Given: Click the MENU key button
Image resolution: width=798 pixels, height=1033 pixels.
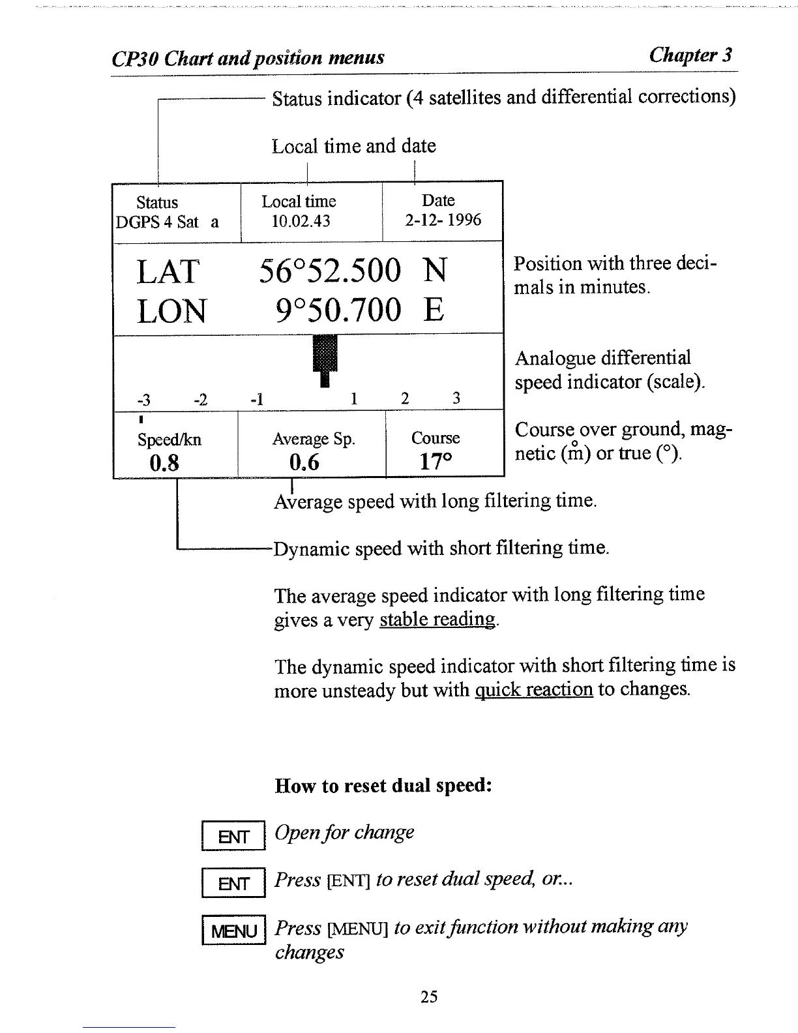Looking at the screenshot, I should pyautogui.click(x=234, y=931).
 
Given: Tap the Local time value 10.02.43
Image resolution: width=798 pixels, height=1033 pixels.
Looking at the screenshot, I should pyautogui.click(x=301, y=221).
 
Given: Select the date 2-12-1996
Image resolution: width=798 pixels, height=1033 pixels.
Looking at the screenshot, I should pyautogui.click(x=443, y=220).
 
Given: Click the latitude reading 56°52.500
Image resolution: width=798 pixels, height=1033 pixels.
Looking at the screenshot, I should pyautogui.click(x=330, y=271).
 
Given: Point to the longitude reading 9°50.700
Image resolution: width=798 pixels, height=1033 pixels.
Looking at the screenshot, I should pyautogui.click(x=338, y=310).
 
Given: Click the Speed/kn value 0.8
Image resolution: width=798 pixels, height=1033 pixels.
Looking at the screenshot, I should pyautogui.click(x=164, y=462).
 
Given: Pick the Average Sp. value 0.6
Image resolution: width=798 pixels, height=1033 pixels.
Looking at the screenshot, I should pyautogui.click(x=304, y=462).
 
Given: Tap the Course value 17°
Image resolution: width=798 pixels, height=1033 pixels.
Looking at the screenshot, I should pyautogui.click(x=435, y=461).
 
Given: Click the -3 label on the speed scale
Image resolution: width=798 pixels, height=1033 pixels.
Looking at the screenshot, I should pyautogui.click(x=143, y=399).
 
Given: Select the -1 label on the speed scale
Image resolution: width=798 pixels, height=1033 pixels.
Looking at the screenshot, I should pyautogui.click(x=257, y=399).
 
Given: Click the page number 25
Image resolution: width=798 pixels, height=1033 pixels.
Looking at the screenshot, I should pyautogui.click(x=428, y=996).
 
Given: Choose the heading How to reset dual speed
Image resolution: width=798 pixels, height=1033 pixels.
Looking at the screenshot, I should pyautogui.click(x=383, y=785).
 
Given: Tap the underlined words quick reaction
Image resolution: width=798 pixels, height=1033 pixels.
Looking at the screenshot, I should pyautogui.click(x=533, y=689).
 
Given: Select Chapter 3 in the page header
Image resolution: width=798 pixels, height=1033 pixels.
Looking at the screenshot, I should pyautogui.click(x=690, y=55).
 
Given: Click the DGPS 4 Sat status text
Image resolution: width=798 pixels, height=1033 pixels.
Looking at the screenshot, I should pyautogui.click(x=157, y=222).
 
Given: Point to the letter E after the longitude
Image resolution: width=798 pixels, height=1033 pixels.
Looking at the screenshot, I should pyautogui.click(x=434, y=310).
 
